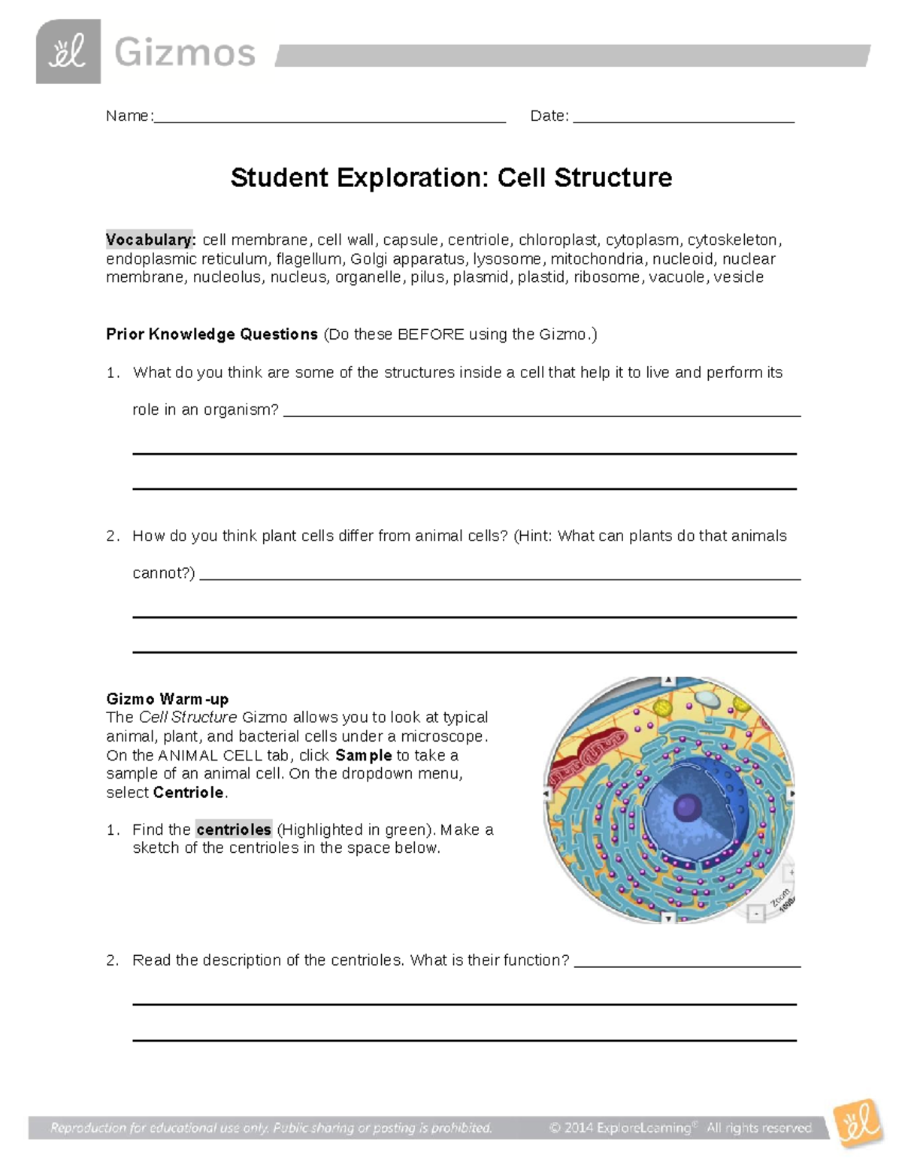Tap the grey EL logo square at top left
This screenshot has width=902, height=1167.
[68, 52]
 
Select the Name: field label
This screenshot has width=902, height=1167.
[129, 116]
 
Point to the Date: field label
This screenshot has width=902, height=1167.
[549, 116]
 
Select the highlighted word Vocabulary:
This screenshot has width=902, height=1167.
[150, 240]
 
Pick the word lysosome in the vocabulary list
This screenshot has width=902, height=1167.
[507, 258]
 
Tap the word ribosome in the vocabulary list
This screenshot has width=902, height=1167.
[607, 277]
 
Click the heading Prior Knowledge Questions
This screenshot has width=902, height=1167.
[212, 334]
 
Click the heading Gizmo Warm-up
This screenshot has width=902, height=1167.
[168, 699]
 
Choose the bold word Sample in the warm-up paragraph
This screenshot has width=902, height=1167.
[364, 755]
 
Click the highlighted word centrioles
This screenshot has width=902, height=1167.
[233, 830]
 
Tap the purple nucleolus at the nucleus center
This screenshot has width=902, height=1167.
[686, 809]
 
